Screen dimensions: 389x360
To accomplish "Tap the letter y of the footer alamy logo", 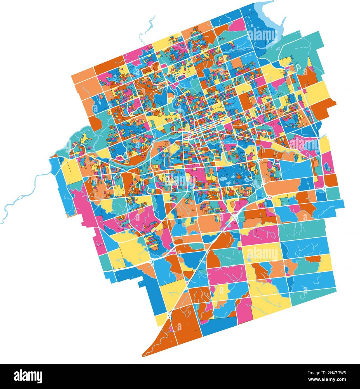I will [x=39, y=376].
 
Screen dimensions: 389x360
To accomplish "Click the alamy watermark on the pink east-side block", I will [x=303, y=144].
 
